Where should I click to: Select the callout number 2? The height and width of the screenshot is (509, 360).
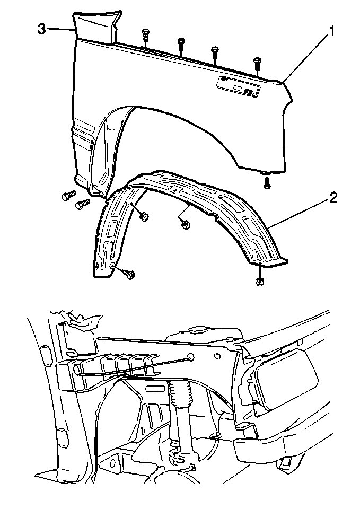(332, 198)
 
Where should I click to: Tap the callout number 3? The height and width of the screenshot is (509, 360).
(41, 29)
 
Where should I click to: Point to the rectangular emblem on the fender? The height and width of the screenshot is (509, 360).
(239, 85)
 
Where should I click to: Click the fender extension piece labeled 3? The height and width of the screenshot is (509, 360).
(95, 27)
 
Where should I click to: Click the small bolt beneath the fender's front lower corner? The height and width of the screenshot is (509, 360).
(267, 183)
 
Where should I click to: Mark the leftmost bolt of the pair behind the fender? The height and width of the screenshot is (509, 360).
(67, 196)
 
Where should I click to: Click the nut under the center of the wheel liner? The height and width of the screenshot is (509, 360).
(186, 225)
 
